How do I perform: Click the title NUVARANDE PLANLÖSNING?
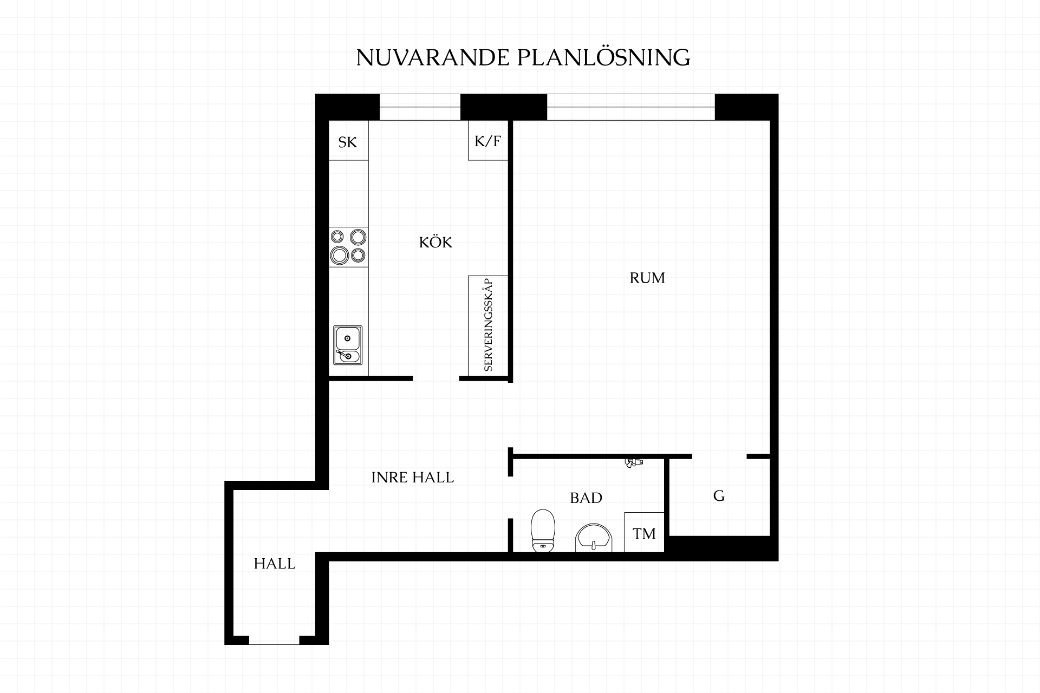coord(523,57)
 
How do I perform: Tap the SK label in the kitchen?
coord(348,142)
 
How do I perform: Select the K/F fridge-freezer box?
coord(489,140)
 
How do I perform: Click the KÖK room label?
coord(435,242)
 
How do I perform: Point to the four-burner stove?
coord(348,246)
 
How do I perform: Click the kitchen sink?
coord(348,345)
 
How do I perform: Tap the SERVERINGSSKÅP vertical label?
coord(489,325)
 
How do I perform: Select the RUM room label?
coord(647,278)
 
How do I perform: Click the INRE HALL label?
coord(413,478)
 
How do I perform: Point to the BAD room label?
coord(586,498)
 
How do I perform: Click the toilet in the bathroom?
coord(543,531)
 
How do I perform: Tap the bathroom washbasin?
coord(593,538)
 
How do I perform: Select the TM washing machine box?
coord(645,532)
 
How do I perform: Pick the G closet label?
coord(719,496)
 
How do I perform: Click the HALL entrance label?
coord(275,564)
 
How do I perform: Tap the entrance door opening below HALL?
coord(274,640)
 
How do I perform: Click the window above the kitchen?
coord(420,107)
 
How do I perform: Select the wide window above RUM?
coord(631,107)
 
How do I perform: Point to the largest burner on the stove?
coord(340,254)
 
